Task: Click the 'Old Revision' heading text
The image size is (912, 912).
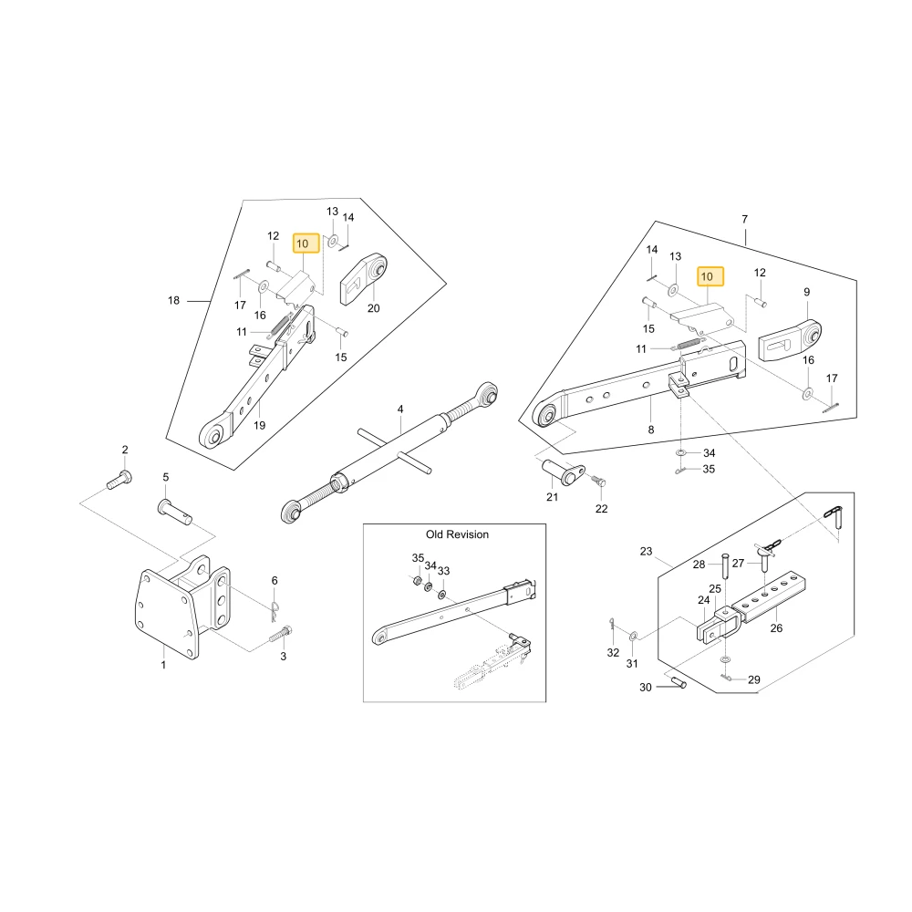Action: (457, 534)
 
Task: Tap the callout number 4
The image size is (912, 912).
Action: (400, 409)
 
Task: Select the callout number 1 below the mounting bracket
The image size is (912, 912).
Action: (163, 664)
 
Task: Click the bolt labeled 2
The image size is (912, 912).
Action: (119, 480)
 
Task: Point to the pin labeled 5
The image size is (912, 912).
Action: (174, 512)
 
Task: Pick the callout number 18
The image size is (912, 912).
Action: (173, 300)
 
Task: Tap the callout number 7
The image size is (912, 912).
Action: (744, 219)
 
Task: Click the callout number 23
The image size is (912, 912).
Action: (647, 552)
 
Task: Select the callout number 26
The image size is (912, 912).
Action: (776, 628)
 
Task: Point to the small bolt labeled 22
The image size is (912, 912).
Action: (598, 481)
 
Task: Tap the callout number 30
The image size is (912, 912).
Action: (646, 688)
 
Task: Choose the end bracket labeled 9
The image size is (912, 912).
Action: (790, 340)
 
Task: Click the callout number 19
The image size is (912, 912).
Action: (259, 426)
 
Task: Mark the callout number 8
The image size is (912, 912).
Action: (651, 430)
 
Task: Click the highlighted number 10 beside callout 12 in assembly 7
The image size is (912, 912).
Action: (710, 277)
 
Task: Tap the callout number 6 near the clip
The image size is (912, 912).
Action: (275, 580)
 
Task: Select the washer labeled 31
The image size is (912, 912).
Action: (634, 635)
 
